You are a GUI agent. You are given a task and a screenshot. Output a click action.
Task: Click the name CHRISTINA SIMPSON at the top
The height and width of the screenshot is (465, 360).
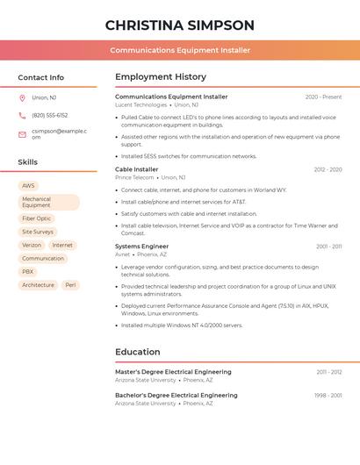(x=180, y=25)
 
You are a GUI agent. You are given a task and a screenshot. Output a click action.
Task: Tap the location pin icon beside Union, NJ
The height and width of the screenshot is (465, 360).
(x=22, y=97)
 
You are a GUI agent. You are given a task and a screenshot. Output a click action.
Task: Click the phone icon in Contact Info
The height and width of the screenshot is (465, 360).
(x=22, y=115)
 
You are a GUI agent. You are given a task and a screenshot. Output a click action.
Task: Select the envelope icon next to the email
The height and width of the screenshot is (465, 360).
(x=22, y=134)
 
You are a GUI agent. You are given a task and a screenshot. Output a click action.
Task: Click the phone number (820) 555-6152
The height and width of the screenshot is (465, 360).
(x=49, y=115)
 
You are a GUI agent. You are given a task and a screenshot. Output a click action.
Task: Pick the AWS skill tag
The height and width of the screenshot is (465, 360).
(x=29, y=186)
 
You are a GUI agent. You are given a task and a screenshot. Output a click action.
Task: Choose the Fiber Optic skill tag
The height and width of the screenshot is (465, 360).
(x=37, y=218)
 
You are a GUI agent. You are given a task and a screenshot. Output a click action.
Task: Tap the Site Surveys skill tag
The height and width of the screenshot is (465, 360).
(x=38, y=232)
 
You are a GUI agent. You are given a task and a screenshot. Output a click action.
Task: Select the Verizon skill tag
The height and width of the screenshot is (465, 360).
(x=32, y=246)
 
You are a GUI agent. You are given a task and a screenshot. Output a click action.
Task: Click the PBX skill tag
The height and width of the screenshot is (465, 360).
(x=28, y=272)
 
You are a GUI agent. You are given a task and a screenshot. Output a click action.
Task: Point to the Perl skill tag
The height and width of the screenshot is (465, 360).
(x=71, y=285)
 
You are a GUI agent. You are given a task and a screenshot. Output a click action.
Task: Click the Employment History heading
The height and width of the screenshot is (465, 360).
(x=161, y=77)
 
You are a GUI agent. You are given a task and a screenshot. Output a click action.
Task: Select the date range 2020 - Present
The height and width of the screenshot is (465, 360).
(x=323, y=97)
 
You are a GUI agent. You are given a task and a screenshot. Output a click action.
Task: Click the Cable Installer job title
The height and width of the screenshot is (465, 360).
(x=137, y=169)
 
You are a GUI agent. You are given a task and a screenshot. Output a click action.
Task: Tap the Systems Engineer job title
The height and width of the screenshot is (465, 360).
(x=141, y=247)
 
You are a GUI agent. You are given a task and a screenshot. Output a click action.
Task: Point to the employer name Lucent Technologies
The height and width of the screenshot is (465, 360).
(x=140, y=104)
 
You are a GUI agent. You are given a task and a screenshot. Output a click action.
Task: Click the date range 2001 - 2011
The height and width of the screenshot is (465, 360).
(x=329, y=247)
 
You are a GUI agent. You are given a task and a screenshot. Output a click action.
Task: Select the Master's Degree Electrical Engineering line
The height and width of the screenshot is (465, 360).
(x=173, y=372)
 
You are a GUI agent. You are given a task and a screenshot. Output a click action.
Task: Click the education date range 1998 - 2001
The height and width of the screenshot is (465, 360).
(x=328, y=396)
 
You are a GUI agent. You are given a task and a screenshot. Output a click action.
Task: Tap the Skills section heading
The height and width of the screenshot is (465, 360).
(x=28, y=162)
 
